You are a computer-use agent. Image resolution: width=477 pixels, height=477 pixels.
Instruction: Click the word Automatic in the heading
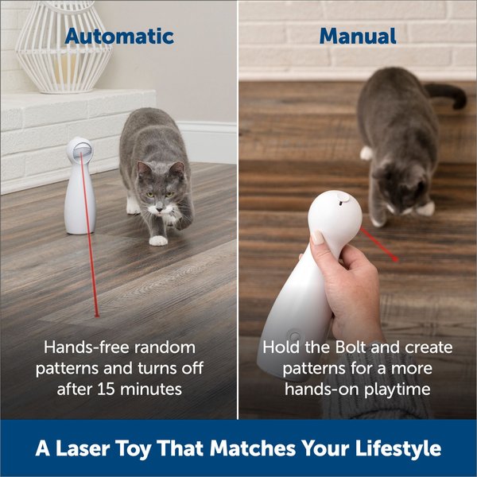point(119,36)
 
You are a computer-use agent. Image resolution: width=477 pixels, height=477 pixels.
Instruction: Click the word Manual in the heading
point(357,36)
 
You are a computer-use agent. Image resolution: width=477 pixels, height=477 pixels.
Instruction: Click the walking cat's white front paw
point(158,239)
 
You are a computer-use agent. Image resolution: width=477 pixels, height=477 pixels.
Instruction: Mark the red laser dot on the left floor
point(96,315)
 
